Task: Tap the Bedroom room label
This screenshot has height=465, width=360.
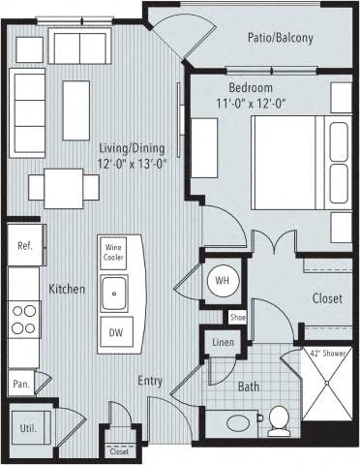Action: point(250,87)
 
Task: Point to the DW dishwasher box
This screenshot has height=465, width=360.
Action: point(115,333)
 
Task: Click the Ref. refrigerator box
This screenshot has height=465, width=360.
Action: point(25,246)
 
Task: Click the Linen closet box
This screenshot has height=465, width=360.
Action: point(222,343)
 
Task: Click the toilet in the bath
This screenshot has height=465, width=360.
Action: point(279,419)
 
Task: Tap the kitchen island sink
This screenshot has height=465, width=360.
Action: point(115,291)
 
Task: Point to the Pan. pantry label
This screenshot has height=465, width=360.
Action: point(20,384)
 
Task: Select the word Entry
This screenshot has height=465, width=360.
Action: point(149,381)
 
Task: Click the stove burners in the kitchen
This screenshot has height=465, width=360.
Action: point(23,319)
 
